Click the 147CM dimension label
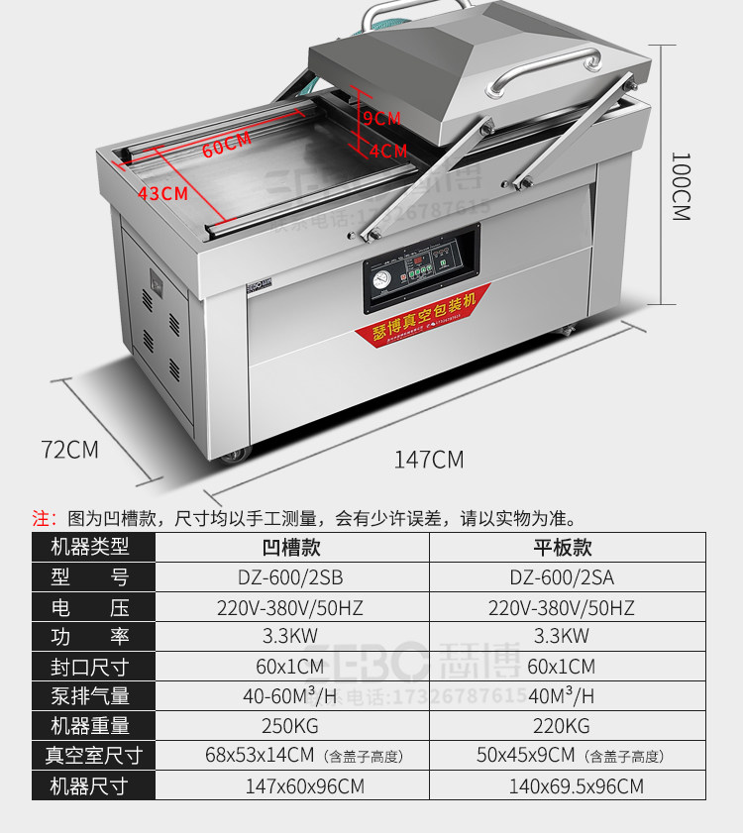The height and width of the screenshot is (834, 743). pos(429,460)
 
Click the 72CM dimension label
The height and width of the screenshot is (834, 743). pos(69,449)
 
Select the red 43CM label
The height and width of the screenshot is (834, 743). pos(162,193)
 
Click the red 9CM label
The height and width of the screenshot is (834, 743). pos(381,118)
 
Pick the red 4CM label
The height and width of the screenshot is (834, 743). pos(387,152)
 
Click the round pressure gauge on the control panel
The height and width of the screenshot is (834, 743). pos(379,277)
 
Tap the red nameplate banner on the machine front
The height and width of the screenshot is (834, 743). pos(423,316)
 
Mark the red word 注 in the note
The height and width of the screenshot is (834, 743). pos(41,517)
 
